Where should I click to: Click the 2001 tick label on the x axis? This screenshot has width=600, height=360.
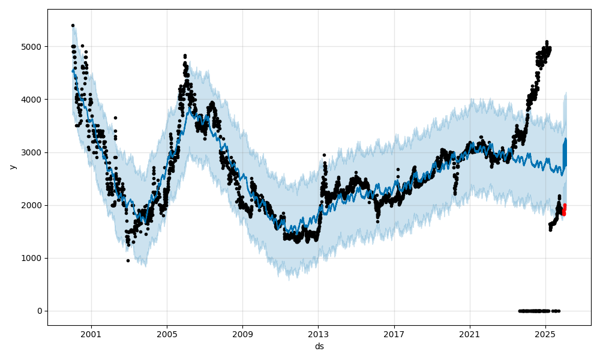coord(91,334)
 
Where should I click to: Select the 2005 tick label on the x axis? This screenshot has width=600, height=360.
coord(167,334)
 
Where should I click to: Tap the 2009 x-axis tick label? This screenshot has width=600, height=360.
coord(242,334)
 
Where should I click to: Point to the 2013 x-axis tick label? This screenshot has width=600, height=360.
coord(318,334)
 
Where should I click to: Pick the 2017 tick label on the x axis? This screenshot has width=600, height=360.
coord(394,334)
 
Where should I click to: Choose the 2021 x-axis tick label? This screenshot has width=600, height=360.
coord(470,334)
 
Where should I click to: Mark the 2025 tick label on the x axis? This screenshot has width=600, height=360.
coord(545,334)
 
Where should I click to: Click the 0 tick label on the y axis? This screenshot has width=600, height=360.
coord(40,311)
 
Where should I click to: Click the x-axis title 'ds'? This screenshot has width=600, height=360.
coord(319,346)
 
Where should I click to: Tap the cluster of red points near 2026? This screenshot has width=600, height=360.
coord(564,209)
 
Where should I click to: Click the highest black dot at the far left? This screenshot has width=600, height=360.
coord(73,25)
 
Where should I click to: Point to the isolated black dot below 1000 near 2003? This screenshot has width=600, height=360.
coord(128,260)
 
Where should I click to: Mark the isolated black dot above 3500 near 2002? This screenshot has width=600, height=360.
coord(115,118)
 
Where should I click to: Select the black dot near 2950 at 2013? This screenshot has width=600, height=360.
coord(324,155)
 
